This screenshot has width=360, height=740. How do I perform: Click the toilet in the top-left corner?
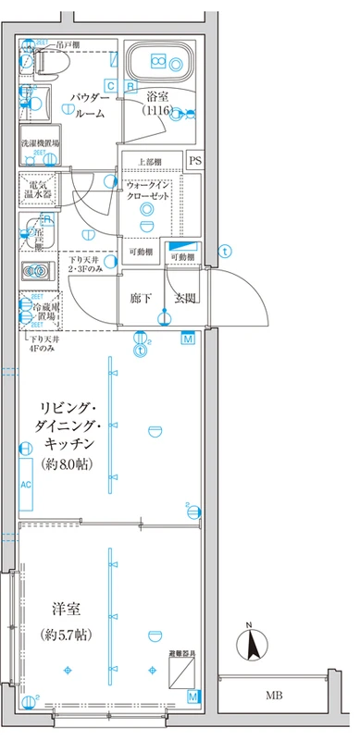[x=43, y=62]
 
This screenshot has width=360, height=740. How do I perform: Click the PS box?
[x=194, y=160]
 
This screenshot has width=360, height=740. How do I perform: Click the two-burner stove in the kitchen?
[x=38, y=271]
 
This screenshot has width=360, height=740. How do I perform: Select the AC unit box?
[x=27, y=485]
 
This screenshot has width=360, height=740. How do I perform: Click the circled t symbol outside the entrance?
[x=224, y=250]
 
